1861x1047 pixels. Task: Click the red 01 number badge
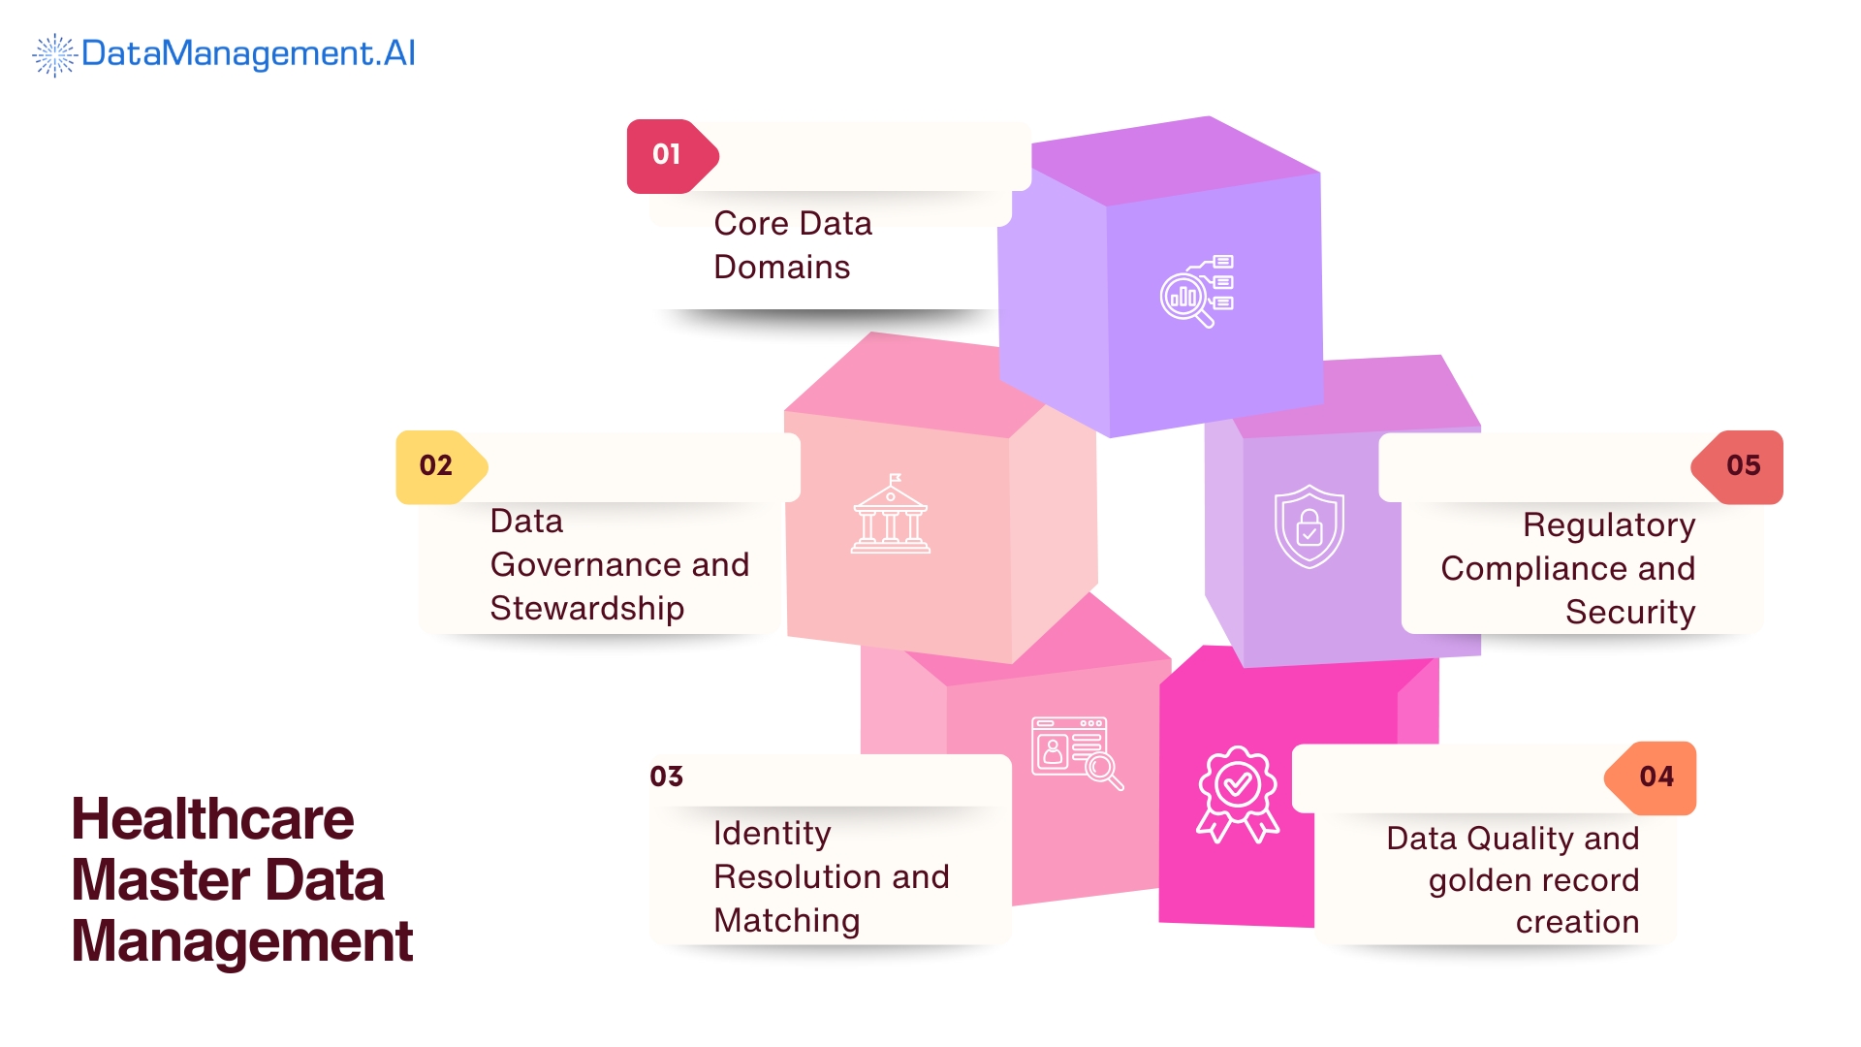pos(668,155)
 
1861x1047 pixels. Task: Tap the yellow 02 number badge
pos(437,466)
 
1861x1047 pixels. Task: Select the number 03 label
pos(667,777)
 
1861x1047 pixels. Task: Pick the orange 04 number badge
pos(1656,777)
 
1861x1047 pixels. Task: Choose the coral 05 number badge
pos(1742,466)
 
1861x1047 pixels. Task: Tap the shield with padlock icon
pos(1309,526)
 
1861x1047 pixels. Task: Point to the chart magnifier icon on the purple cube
pos(1196,291)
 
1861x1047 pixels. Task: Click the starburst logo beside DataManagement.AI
pos(54,54)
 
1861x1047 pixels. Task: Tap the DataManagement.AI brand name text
pos(248,53)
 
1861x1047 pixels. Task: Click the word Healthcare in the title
pos(212,819)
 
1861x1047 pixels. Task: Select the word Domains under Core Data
pos(781,268)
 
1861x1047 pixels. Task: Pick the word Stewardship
pos(586,609)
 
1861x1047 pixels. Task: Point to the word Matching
pos(786,921)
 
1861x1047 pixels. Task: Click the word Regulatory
pos(1608,525)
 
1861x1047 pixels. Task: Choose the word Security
pos(1629,613)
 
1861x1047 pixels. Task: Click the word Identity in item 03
pos(772,834)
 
